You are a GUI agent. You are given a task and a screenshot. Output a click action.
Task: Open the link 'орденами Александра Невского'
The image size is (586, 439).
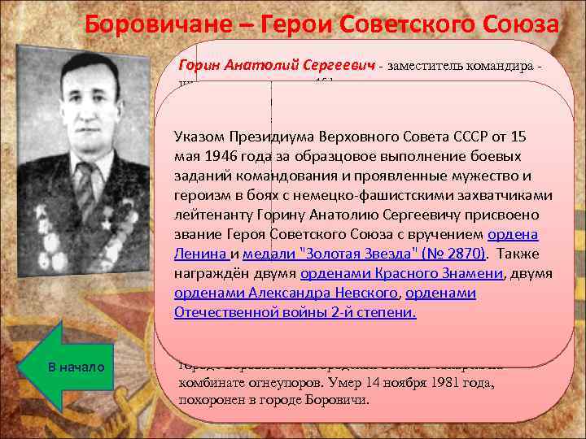click(x=286, y=293)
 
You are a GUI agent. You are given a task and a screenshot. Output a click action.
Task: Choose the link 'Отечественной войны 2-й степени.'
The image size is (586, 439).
click(x=295, y=312)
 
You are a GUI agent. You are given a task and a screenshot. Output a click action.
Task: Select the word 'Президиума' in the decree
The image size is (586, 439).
click(x=287, y=135)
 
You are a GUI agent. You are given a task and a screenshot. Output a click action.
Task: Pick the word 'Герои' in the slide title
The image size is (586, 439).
click(x=292, y=24)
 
